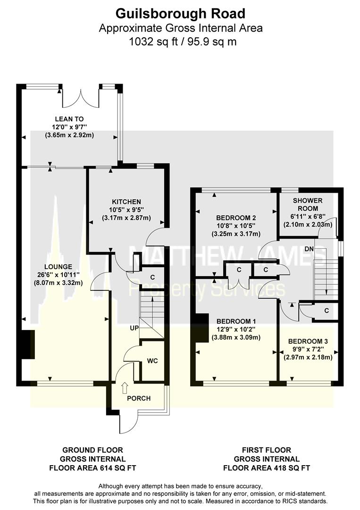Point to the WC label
[x=152, y=361]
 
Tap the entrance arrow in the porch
[x=125, y=388]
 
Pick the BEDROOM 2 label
[x=236, y=218]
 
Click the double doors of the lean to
[x=80, y=96]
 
